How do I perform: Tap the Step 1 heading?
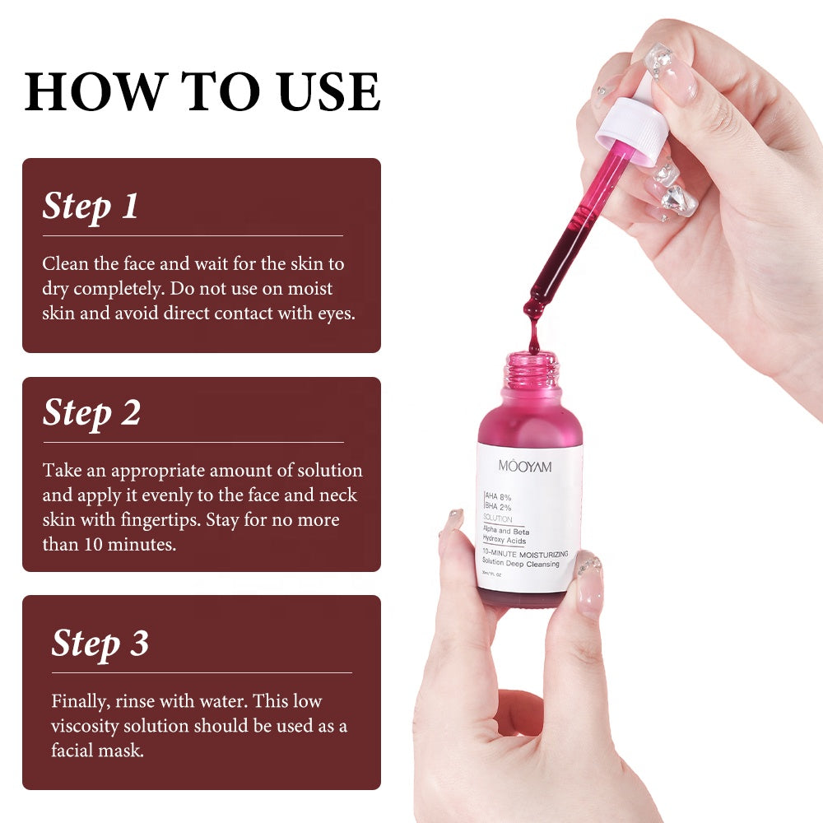tap(91, 206)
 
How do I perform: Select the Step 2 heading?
tap(91, 412)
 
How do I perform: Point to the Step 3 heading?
tap(100, 643)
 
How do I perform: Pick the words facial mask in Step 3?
tap(97, 751)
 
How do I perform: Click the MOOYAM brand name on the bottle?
tap(525, 467)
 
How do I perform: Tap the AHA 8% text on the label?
tap(499, 496)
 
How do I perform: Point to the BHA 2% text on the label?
tap(499, 508)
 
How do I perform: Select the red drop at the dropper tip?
tap(533, 311)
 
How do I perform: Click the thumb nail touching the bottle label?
tap(589, 583)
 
